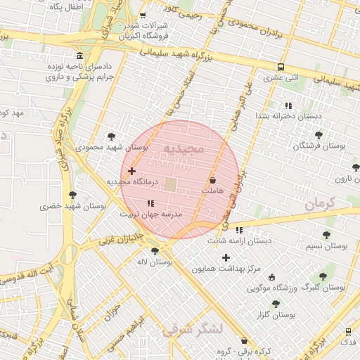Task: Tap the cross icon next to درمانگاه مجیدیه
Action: coord(131,171)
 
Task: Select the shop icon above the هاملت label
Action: coord(212,181)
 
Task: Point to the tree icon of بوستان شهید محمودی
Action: coord(111,136)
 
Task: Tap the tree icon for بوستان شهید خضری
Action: coord(72,195)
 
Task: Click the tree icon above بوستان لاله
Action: coord(155,251)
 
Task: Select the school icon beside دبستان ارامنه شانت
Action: coord(240,230)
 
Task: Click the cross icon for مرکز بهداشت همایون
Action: coord(226,257)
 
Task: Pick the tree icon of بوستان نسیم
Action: coord(326,236)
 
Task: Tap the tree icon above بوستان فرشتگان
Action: coord(319,134)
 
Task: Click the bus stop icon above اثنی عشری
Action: coord(281,67)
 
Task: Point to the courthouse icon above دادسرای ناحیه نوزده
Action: coord(79,56)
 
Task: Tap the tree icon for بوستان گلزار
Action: coord(275,304)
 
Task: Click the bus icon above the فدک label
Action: coord(349,331)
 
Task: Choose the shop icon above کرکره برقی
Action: coord(244,340)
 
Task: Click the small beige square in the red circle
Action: coord(172,184)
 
